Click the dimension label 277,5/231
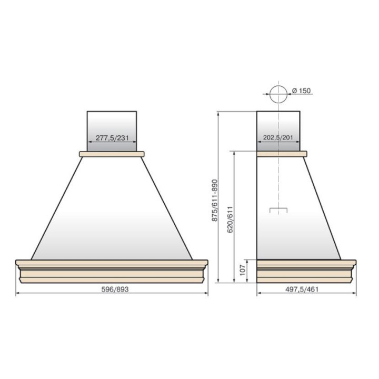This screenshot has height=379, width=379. click(112, 138)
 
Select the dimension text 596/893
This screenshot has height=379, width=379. click(115, 289)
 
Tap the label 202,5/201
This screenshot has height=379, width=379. click(278, 137)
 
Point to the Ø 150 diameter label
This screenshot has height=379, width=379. click(301, 91)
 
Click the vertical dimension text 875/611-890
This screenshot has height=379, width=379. click(215, 200)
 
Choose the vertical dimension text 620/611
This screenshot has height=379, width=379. click(230, 219)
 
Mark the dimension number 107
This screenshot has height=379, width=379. click(243, 270)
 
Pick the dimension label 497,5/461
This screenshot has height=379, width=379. click(302, 289)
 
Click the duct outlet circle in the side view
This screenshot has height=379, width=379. click(278, 85)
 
